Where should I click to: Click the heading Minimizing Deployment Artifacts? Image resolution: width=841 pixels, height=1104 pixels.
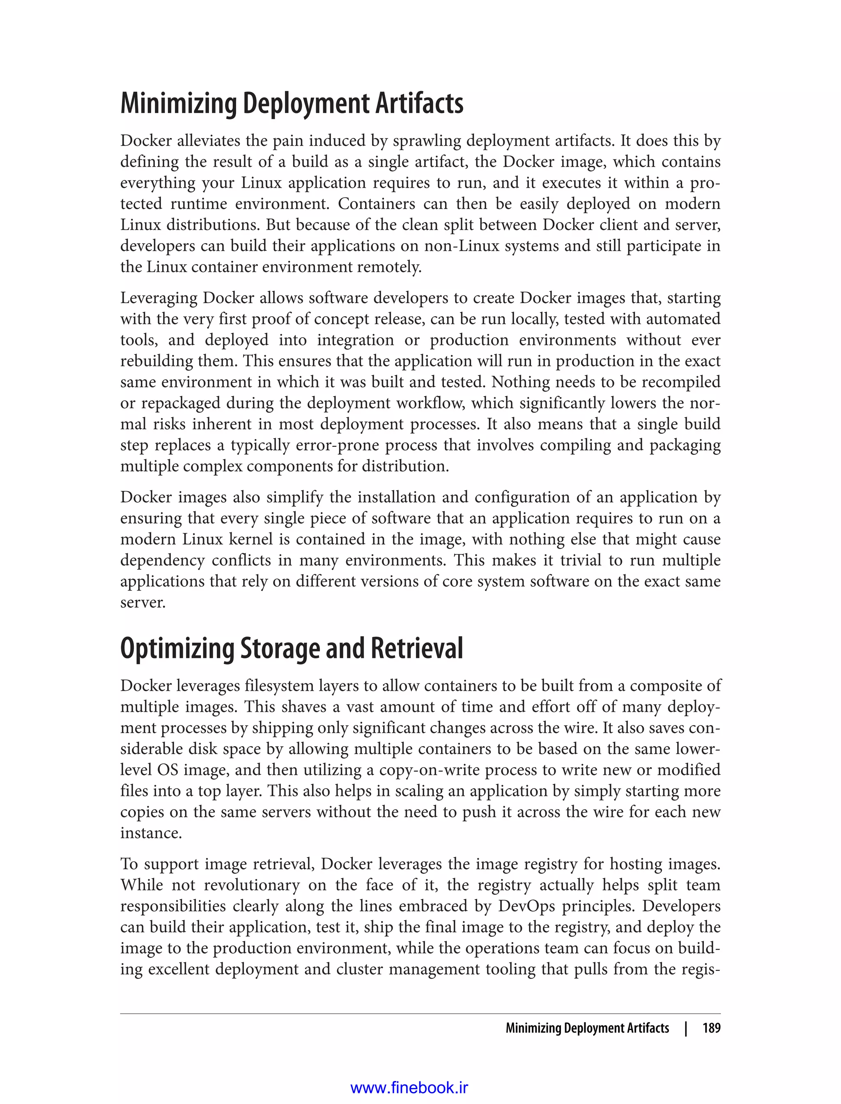point(292,103)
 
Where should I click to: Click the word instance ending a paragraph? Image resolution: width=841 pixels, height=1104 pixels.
point(150,833)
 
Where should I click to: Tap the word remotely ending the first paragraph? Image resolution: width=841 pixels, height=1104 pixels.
point(389,267)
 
